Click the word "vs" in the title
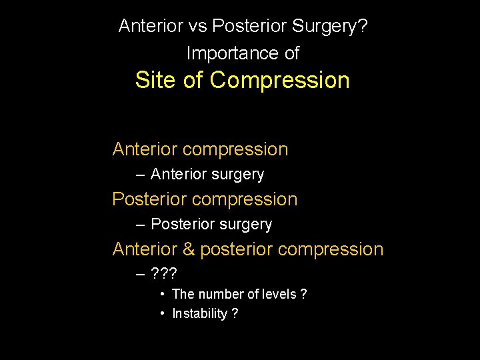pos(197,26)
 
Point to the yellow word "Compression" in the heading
pos(279,81)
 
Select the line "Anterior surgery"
pos(207,175)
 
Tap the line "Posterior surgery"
pos(211,225)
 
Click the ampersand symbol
pos(188,249)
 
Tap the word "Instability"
pos(199,314)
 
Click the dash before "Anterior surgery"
pos(139,175)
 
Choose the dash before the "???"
pos(139,274)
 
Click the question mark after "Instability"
pos(235,314)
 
